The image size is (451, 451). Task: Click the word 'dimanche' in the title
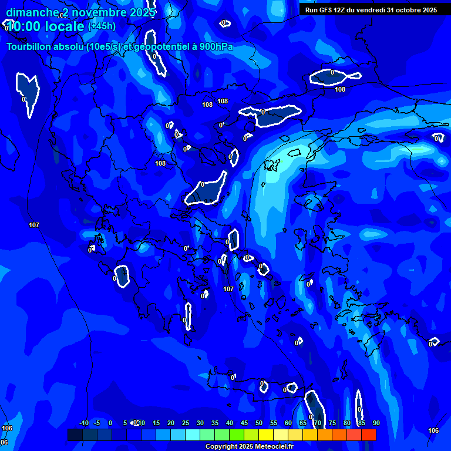[x=32, y=12]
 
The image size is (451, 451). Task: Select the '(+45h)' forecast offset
[x=102, y=26]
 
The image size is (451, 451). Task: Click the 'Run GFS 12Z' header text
[x=325, y=10]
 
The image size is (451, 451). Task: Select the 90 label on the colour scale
[x=376, y=423]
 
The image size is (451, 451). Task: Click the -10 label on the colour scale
[x=83, y=423]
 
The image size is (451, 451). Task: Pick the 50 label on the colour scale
[x=259, y=423]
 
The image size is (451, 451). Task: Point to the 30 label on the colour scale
[x=200, y=423]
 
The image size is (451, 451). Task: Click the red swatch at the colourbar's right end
[x=369, y=435]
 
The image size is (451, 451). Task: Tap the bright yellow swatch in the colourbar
[x=266, y=435]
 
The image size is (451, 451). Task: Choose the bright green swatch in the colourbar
[x=237, y=435]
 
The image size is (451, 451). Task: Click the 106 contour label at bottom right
[x=433, y=430]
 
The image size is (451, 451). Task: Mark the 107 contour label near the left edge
[x=34, y=225]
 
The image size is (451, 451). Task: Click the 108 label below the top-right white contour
[x=340, y=89]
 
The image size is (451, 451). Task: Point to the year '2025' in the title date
[x=142, y=12]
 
